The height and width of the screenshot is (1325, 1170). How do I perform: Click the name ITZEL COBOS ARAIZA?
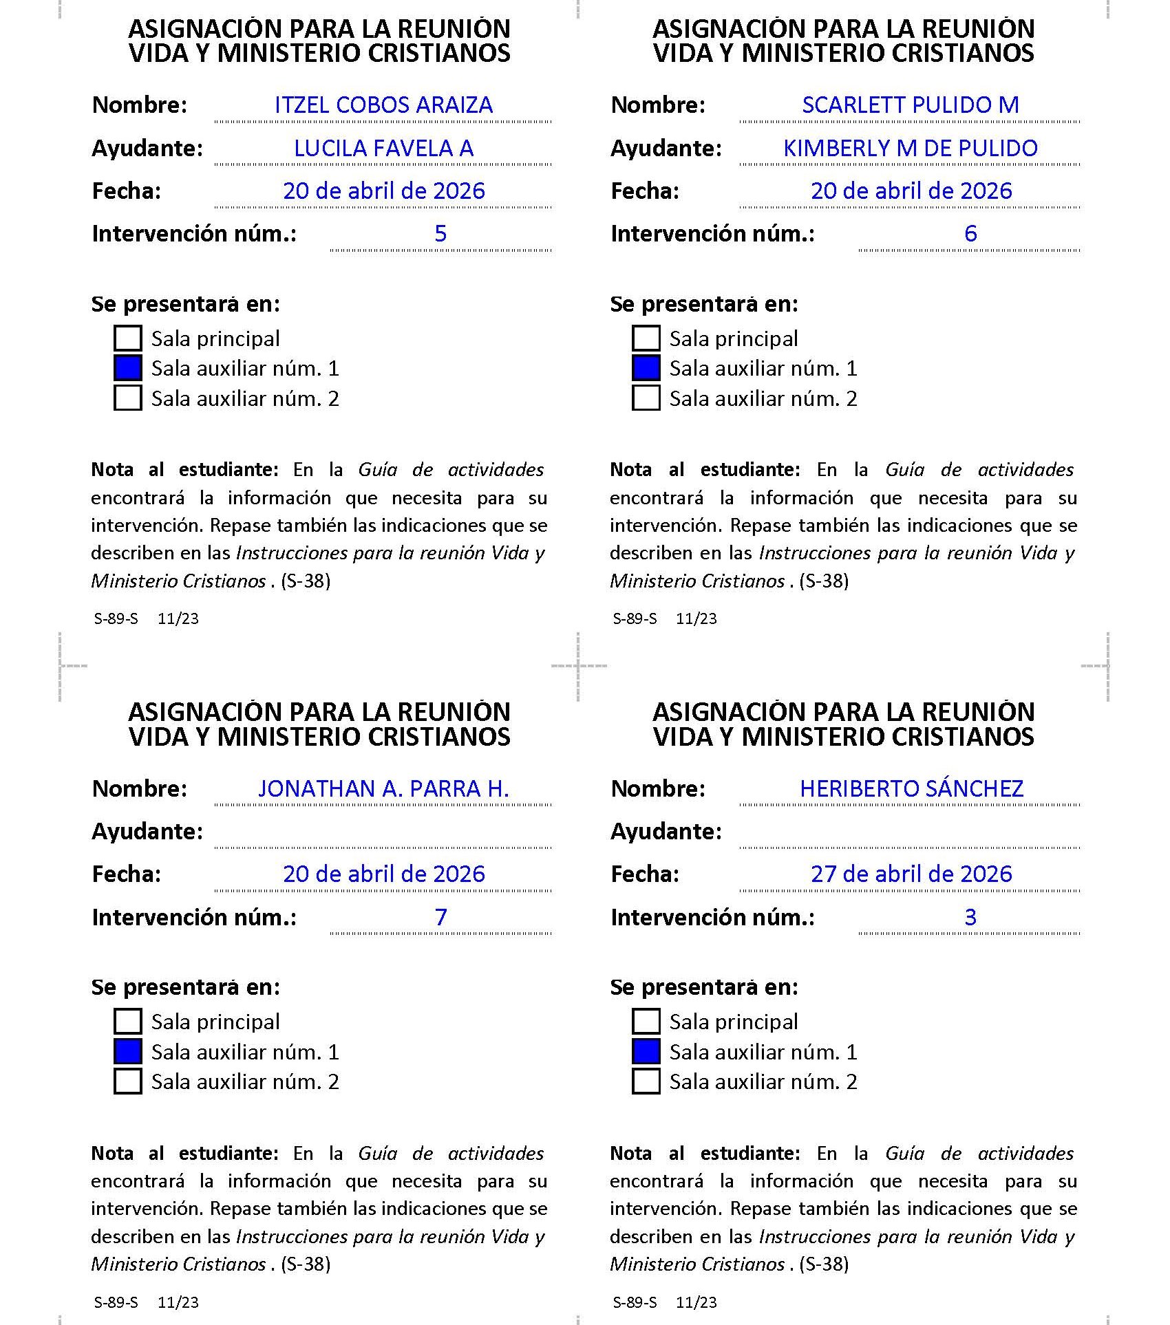coord(383,105)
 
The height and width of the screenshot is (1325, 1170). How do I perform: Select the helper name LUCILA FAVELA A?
coord(383,149)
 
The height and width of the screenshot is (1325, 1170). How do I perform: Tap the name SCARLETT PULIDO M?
coord(910,105)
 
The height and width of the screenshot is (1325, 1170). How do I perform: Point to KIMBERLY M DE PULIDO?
coord(910,149)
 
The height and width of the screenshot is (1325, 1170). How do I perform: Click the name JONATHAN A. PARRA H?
coord(383,788)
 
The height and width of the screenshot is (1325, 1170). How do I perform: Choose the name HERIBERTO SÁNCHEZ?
coord(911,788)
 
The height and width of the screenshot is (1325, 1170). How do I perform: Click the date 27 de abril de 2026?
coord(911,874)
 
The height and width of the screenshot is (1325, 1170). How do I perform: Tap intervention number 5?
coord(440,234)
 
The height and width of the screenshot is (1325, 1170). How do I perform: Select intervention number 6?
coord(970,234)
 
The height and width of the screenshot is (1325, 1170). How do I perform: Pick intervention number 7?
coord(440,917)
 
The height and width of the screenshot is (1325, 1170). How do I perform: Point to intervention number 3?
coord(970,917)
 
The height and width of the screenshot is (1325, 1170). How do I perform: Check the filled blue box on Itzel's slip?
coord(128,368)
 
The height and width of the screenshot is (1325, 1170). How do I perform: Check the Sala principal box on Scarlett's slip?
coord(646,338)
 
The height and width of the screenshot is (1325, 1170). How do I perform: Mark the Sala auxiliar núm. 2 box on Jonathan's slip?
coord(128,1081)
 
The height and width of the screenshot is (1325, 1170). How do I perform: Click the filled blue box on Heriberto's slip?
coord(646,1051)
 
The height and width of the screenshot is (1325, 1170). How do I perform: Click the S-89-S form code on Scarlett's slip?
coord(635,618)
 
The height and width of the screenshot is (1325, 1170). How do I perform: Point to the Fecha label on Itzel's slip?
coord(127,191)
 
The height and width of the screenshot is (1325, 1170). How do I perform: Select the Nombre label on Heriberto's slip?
coord(658,788)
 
